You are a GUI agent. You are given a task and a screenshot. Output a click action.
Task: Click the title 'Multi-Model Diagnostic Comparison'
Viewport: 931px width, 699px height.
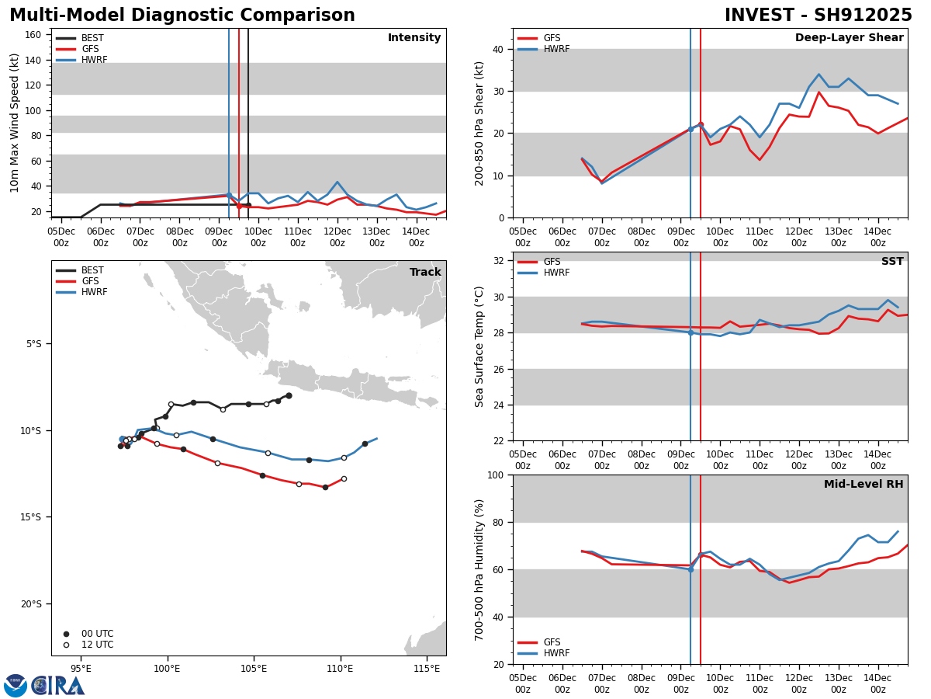(182, 16)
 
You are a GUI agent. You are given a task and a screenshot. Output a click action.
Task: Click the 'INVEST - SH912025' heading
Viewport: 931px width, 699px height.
(818, 16)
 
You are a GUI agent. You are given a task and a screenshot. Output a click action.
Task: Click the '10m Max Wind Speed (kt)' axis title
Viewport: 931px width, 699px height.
(15, 123)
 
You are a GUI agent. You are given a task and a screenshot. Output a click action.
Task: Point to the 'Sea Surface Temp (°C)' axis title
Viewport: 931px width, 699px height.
(479, 346)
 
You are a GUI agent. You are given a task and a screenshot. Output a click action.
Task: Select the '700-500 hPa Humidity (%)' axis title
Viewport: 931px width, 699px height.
(479, 569)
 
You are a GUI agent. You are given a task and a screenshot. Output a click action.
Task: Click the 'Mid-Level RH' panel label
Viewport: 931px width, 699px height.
(864, 485)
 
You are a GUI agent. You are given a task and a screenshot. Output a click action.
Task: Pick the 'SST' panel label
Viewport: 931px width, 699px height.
(892, 262)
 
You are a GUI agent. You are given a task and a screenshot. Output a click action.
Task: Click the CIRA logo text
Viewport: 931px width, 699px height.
(58, 686)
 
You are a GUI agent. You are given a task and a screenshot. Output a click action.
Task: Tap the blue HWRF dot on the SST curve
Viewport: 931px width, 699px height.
(690, 332)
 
